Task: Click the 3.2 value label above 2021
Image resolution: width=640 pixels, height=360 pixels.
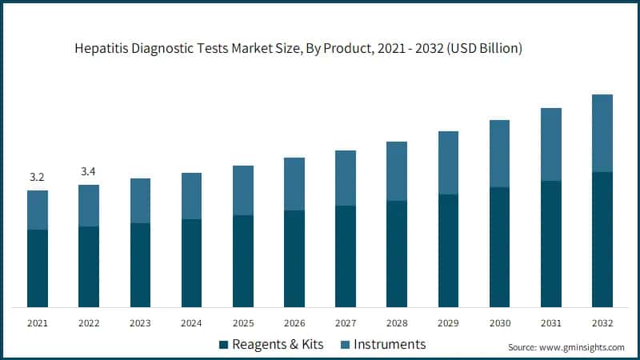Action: point(37,177)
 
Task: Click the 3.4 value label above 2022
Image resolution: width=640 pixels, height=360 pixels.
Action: point(88,170)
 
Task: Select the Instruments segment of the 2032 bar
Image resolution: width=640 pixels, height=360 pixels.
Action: point(602,133)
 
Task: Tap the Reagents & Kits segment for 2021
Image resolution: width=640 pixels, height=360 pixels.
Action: point(37,268)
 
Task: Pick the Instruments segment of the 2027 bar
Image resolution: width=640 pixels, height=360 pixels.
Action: point(345,178)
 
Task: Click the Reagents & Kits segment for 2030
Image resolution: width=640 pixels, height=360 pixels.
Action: point(499,246)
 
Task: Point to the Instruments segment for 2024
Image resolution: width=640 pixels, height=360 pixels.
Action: point(191,196)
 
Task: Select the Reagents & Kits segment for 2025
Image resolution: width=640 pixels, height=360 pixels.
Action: point(242,261)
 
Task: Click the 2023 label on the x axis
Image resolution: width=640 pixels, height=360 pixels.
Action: point(140,323)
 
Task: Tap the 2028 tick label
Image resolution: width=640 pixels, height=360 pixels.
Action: point(397,323)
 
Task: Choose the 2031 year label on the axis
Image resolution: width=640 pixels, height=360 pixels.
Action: point(550,323)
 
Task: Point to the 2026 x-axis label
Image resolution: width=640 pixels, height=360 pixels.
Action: point(294,323)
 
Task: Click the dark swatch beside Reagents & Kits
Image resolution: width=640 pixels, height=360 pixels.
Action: point(222,346)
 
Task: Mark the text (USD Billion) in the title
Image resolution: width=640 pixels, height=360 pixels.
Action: point(486,48)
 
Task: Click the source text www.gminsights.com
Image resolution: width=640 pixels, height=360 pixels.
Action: point(582,348)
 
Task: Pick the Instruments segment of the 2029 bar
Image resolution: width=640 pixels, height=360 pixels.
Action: point(448,162)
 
